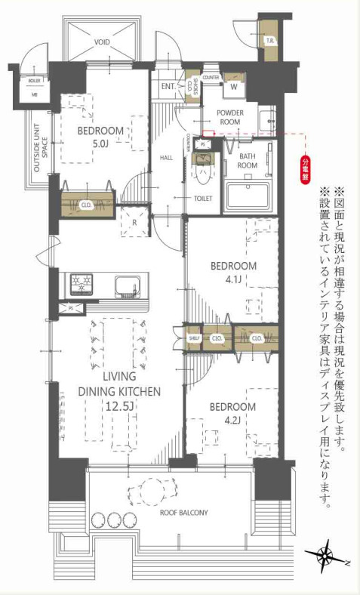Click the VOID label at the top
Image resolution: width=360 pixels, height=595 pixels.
point(102,43)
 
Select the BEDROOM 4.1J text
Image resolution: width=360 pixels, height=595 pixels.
point(232,273)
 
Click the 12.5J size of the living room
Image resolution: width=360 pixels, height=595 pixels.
point(121,406)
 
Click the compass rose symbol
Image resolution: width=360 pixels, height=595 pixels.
point(325,558)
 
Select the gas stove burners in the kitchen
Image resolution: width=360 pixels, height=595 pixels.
point(80,285)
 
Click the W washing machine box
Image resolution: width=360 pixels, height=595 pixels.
point(233,85)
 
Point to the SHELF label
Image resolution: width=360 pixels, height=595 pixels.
point(193,338)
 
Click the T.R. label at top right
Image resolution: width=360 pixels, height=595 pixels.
point(269,41)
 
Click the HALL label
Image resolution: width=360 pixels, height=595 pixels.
point(168,158)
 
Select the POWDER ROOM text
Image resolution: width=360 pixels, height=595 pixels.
point(231,116)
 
